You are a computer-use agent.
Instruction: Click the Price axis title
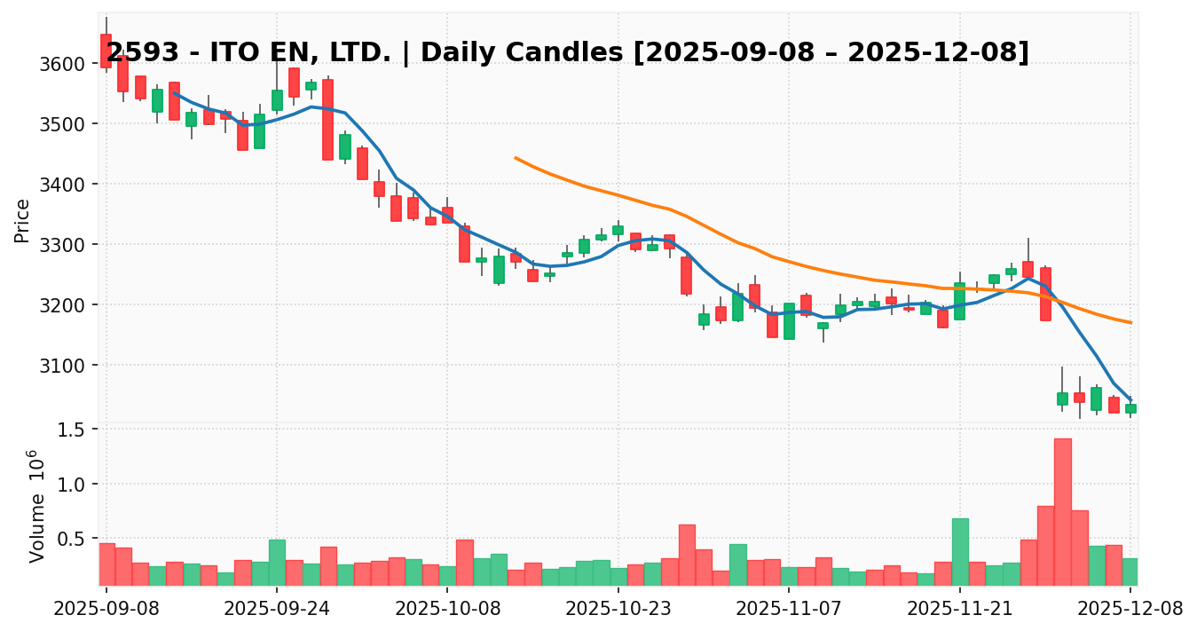click(23, 220)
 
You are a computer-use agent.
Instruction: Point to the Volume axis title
click(35, 506)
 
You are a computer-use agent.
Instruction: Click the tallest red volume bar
click(1062, 512)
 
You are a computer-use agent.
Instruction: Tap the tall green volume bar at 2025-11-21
click(960, 552)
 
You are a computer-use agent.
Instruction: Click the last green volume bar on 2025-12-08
click(1130, 572)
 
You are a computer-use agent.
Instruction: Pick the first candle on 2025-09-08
click(106, 51)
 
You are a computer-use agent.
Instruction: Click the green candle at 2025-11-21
click(960, 301)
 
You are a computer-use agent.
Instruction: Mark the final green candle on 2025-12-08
click(1130, 408)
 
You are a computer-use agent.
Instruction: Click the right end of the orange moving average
click(1130, 322)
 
